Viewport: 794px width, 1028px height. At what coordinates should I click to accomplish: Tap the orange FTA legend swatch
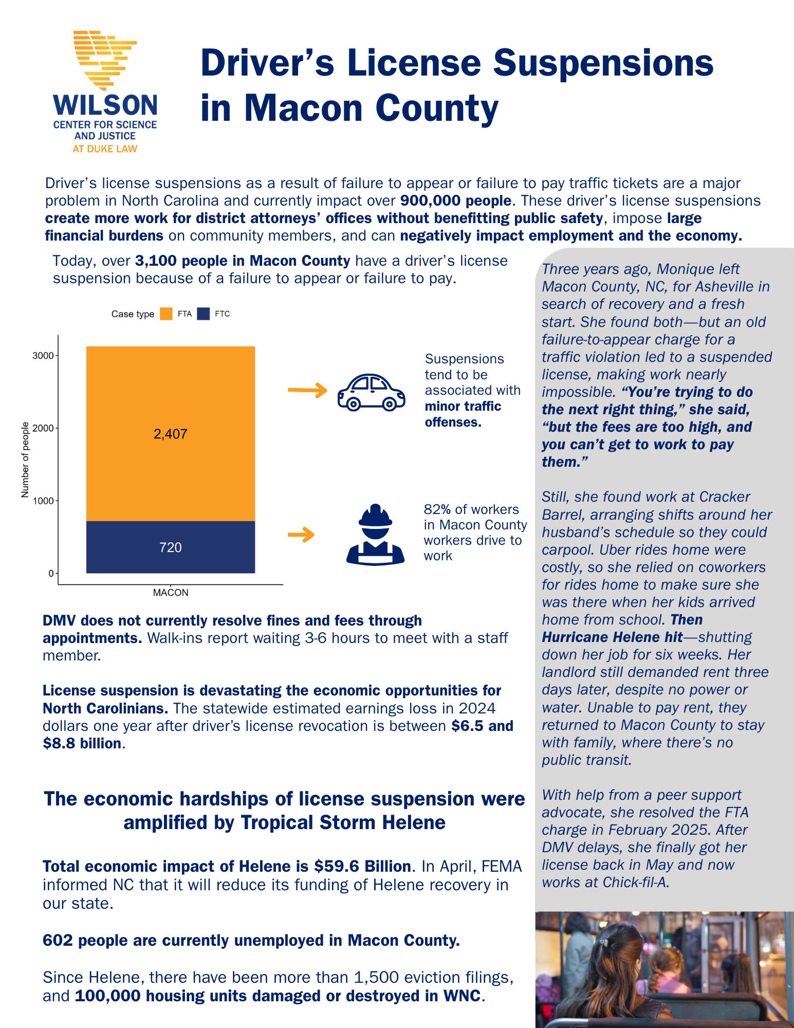(166, 314)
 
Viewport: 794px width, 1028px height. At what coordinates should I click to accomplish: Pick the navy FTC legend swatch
(204, 314)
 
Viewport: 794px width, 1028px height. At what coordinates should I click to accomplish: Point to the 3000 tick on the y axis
(43, 356)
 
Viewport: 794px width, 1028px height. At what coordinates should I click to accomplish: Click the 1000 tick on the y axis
(43, 501)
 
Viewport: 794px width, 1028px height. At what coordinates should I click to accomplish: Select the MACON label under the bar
(171, 593)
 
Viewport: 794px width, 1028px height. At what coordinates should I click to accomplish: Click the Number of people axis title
(25, 460)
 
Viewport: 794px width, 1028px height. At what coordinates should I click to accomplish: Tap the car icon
(371, 392)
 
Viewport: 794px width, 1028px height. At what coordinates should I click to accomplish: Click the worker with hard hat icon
(375, 535)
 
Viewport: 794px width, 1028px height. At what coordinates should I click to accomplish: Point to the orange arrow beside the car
(307, 391)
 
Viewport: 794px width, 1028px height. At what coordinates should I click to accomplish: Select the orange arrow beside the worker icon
(301, 535)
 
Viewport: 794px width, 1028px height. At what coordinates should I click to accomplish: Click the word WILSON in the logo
(105, 105)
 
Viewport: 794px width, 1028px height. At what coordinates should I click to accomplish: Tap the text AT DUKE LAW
(105, 149)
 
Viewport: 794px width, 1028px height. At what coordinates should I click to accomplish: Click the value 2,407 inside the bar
(170, 434)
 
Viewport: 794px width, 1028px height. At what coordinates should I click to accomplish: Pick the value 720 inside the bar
(170, 547)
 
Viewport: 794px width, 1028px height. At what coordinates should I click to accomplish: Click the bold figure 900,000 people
(456, 200)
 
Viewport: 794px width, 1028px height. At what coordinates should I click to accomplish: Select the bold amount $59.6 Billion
(362, 867)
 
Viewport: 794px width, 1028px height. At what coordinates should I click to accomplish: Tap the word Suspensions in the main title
(603, 63)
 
